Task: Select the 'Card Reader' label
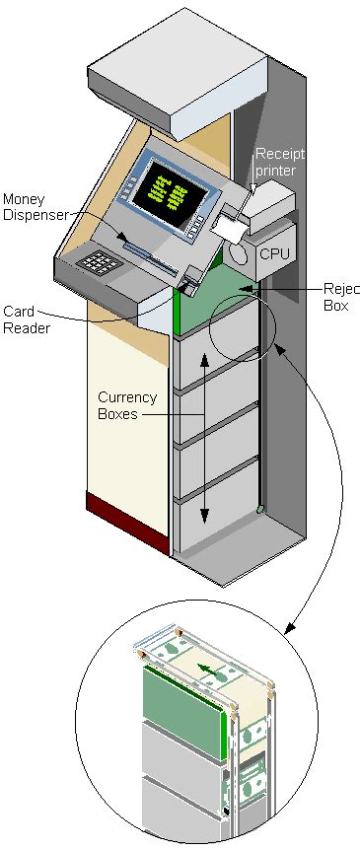[x=20, y=319]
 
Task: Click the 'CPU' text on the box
[x=273, y=254]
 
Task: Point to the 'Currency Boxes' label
[x=126, y=406]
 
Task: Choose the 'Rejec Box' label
[x=341, y=297]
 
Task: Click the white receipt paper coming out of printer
[x=229, y=228]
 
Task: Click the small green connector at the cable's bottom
[x=260, y=509]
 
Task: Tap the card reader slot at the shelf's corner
[x=193, y=280]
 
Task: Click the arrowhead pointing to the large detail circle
[x=289, y=627]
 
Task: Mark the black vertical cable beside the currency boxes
[x=259, y=414]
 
